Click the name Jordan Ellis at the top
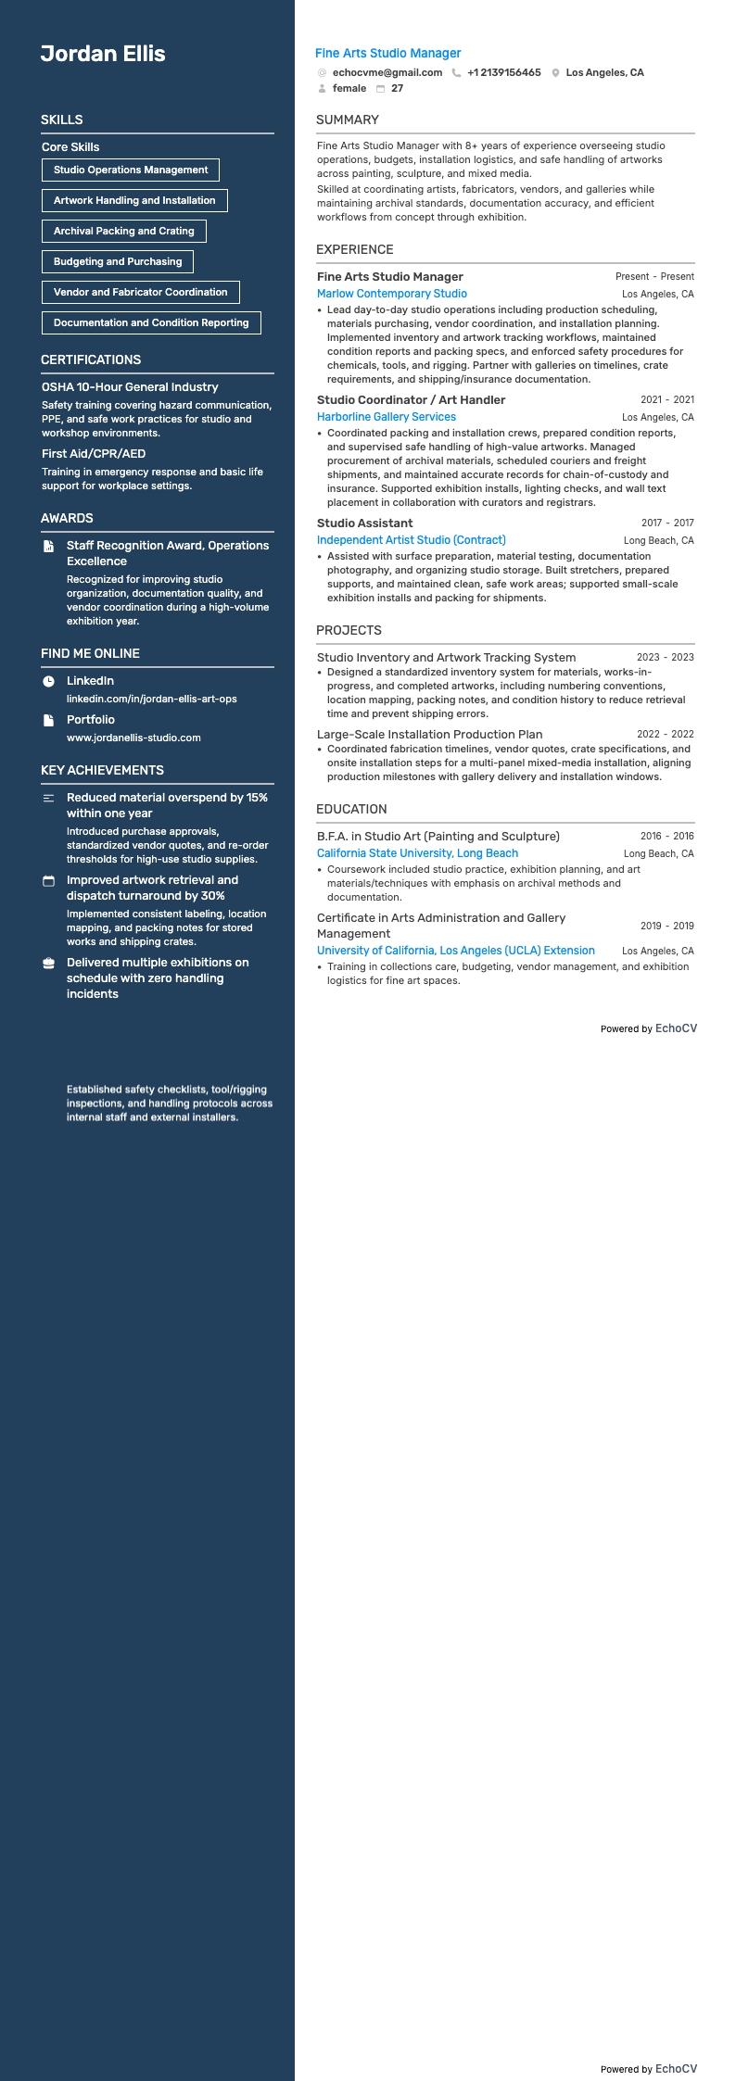point(103,54)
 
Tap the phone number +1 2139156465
point(503,72)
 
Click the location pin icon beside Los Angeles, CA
point(555,72)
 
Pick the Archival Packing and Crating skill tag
point(124,231)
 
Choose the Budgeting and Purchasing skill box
point(118,261)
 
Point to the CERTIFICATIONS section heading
point(91,359)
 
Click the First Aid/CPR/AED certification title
point(94,453)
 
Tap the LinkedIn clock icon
point(49,681)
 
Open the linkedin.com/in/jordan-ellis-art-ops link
point(151,699)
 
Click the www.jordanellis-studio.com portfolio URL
point(133,738)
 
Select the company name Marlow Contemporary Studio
point(391,294)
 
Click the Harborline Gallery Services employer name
point(386,417)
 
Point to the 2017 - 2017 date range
point(666,523)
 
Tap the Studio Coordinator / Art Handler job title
point(411,399)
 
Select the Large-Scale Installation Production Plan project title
point(429,734)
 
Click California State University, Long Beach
point(417,853)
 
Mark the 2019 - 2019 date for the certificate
point(666,926)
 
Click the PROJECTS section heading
point(349,630)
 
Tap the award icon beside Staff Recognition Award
point(49,547)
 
